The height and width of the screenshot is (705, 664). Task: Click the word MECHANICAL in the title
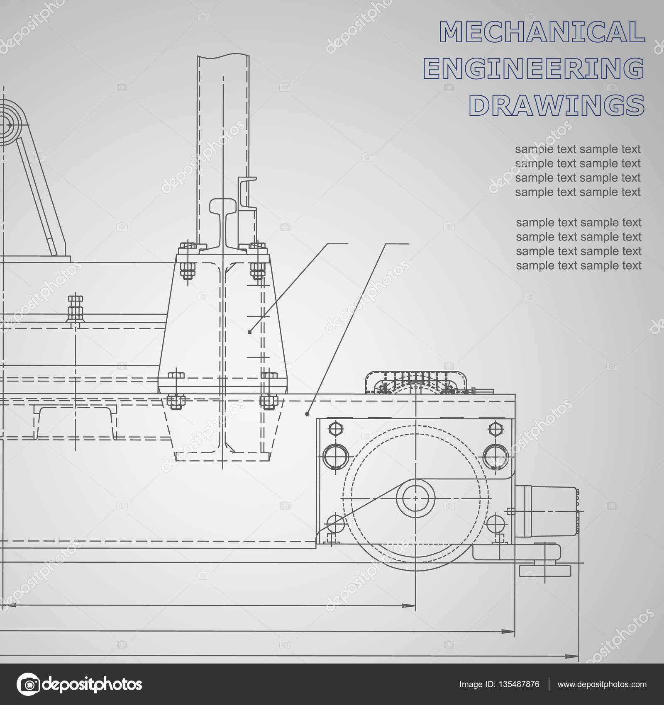tap(542, 32)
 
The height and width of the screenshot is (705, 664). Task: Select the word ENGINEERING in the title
tap(534, 69)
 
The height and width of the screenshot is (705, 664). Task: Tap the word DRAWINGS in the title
tap(557, 105)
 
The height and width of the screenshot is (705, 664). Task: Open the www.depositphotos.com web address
tap(602, 684)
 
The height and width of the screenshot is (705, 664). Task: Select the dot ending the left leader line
tap(249, 332)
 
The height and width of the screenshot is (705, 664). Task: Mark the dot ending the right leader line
tap(307, 414)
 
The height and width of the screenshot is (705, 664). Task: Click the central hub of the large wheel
tap(415, 498)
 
